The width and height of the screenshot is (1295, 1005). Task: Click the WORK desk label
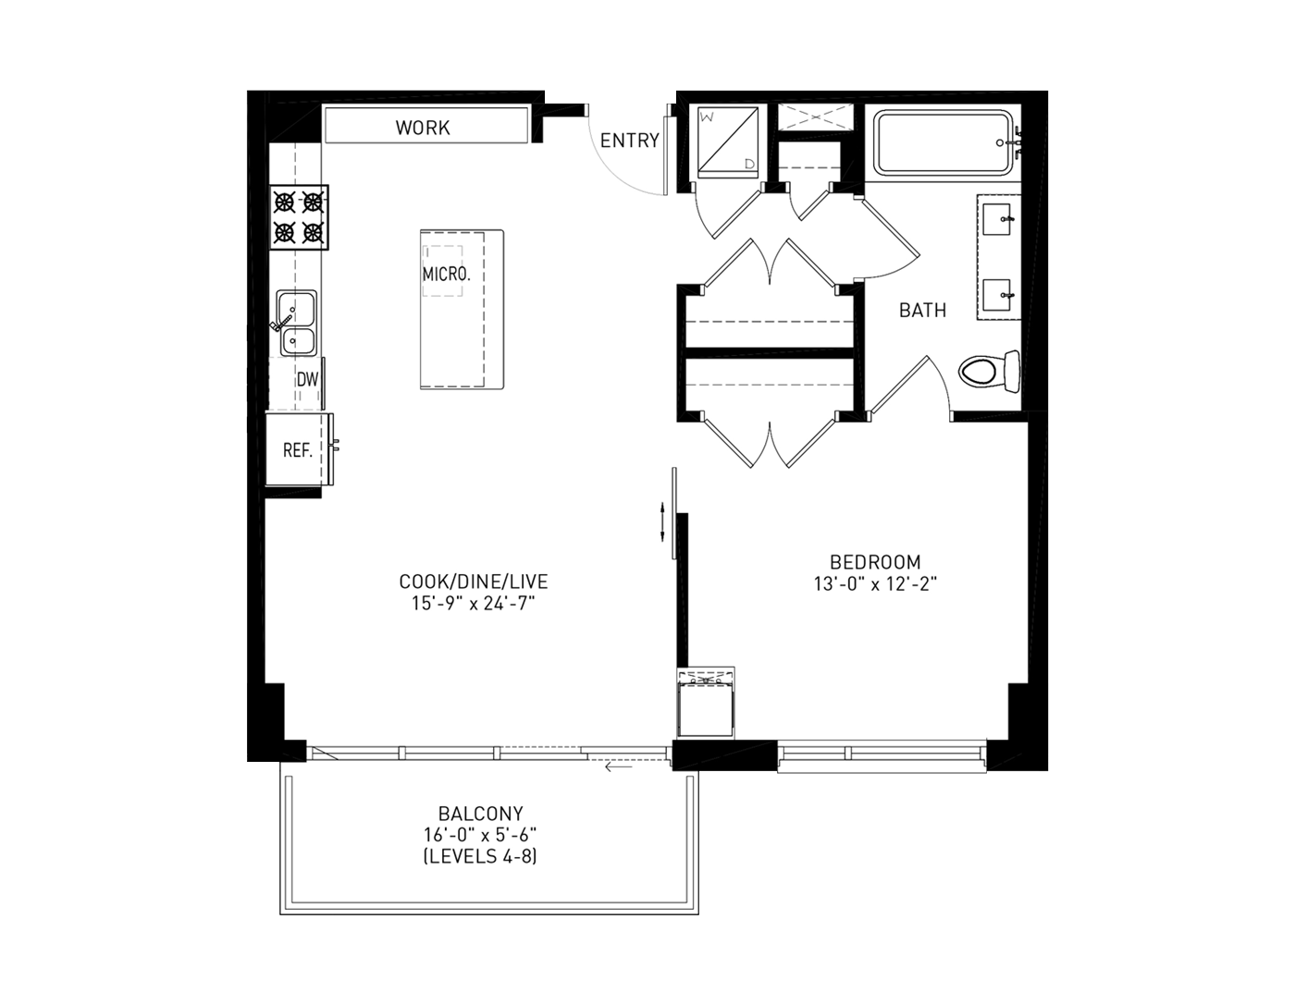click(x=423, y=128)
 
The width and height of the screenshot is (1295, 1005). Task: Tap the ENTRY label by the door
click(x=629, y=141)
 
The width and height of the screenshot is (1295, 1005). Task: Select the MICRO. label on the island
click(x=447, y=274)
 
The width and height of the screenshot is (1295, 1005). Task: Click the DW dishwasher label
click(x=307, y=379)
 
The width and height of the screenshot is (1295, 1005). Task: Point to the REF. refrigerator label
click(x=298, y=450)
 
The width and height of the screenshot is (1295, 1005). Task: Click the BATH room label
click(x=922, y=311)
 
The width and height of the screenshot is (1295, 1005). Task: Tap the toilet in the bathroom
click(x=989, y=372)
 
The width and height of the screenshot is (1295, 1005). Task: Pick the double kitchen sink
click(x=298, y=323)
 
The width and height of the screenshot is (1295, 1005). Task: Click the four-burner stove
click(x=299, y=217)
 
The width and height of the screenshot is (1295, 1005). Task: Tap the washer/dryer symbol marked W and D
click(x=728, y=142)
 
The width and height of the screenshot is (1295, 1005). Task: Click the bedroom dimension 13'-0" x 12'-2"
click(x=875, y=584)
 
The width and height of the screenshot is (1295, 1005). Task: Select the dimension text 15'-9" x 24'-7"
click(x=474, y=604)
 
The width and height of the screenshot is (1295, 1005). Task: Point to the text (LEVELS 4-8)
click(x=480, y=856)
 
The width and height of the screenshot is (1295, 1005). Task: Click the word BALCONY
click(x=480, y=813)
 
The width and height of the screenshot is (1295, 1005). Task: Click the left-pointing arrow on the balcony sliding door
click(x=619, y=766)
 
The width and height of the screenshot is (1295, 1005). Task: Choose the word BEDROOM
click(x=875, y=561)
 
